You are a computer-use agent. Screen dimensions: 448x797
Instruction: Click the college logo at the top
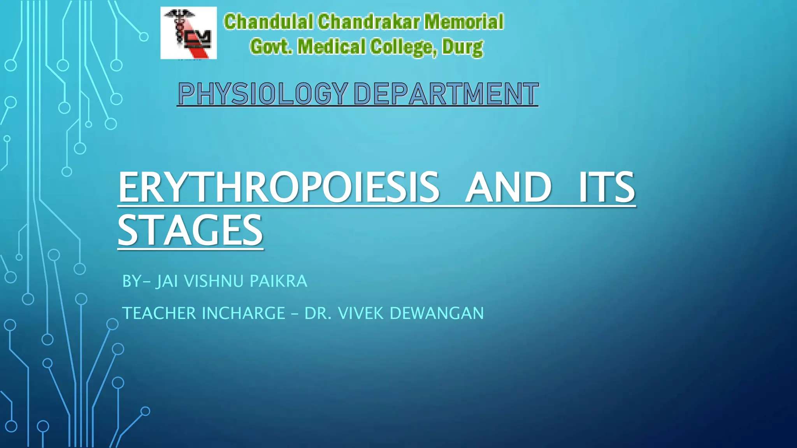tap(188, 33)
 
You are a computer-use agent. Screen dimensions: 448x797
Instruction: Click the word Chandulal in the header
tap(268, 22)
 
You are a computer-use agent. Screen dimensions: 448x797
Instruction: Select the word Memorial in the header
tap(464, 22)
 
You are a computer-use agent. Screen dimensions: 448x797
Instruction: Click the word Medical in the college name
tap(331, 47)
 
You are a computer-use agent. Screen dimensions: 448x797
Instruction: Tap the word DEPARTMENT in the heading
tap(446, 94)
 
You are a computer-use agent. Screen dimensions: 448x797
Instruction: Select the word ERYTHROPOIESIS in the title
tap(279, 187)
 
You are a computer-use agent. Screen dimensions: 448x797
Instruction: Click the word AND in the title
tap(508, 187)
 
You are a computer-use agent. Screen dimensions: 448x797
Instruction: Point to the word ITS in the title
tap(606, 187)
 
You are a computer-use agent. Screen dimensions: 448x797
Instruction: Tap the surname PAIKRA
tap(278, 281)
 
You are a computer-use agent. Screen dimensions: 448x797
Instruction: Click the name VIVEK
tap(361, 313)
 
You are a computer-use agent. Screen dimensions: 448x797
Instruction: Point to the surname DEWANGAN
tap(437, 313)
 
